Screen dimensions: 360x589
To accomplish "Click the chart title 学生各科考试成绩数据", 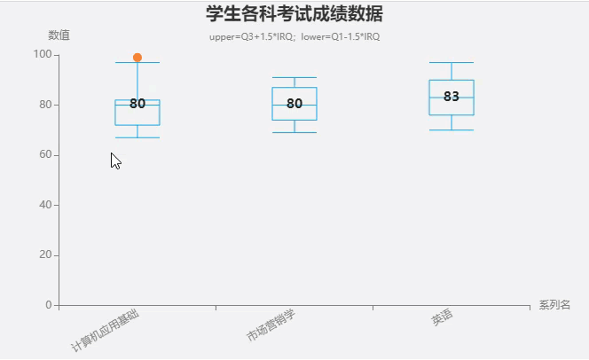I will (294, 14).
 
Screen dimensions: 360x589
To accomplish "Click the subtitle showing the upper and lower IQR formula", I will (294, 36).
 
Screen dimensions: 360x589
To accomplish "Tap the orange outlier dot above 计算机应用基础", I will (137, 58).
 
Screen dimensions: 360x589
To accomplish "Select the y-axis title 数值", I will (59, 35).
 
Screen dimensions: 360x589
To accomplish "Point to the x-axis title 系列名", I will (554, 305).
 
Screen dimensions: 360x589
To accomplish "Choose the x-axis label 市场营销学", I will (271, 326).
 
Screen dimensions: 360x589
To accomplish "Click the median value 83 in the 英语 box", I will (452, 97).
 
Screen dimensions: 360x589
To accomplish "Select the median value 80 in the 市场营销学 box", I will (294, 104).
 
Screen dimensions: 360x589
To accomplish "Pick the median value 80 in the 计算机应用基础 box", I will (137, 104).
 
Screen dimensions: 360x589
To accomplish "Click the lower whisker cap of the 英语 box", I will (452, 130).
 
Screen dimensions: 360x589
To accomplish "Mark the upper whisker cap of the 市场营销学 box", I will (294, 78).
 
